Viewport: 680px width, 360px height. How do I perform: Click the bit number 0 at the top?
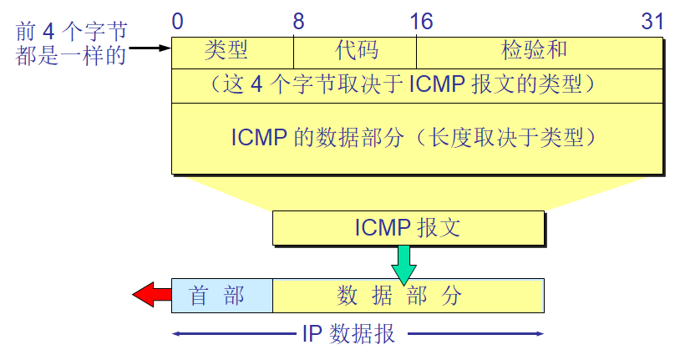click(178, 21)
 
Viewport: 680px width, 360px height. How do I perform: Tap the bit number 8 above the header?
click(298, 21)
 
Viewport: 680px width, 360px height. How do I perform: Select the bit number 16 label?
click(421, 21)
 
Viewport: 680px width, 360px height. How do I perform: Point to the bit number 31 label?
click(652, 21)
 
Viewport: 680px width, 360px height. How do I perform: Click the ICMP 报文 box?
click(408, 228)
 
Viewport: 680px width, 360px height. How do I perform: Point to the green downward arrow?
click(403, 265)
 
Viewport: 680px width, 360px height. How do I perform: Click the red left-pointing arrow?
click(151, 295)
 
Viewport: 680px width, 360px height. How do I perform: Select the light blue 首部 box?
click(222, 296)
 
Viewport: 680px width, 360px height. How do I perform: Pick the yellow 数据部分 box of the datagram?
click(408, 296)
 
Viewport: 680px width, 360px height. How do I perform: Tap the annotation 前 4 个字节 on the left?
click(72, 32)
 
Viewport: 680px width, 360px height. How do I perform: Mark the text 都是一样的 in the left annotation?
click(70, 54)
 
